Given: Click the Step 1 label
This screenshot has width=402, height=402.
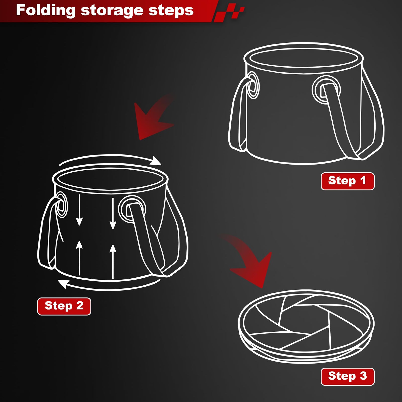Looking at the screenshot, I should tap(347, 181).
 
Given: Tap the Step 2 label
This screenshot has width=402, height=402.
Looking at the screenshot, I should tap(64, 306).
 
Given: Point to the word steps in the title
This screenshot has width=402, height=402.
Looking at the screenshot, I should tap(171, 11).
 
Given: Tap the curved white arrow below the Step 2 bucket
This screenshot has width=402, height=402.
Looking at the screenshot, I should tap(108, 285).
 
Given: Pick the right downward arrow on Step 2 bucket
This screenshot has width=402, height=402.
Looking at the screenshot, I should tap(113, 214).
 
